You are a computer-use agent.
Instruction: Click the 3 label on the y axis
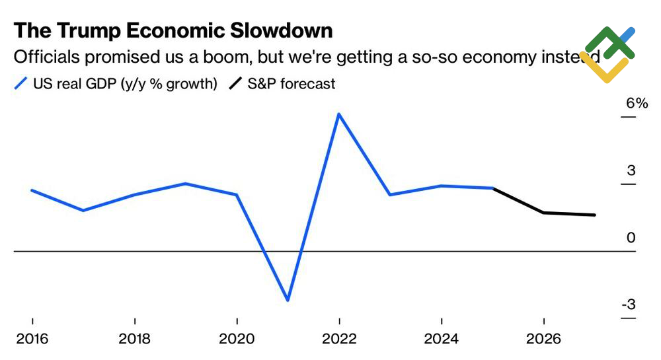coord(631,171)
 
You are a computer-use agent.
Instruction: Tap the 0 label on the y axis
coord(631,238)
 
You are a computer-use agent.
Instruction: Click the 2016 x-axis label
coord(32,340)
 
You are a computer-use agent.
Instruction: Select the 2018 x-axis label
coord(135,340)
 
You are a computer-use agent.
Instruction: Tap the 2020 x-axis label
coord(237,340)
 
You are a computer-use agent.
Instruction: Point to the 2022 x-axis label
coord(340,340)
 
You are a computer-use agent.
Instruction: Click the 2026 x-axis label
coord(544,340)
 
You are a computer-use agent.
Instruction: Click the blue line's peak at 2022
coord(339,114)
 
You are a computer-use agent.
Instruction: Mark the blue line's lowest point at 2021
coord(288,301)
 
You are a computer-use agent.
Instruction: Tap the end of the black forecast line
coord(595,215)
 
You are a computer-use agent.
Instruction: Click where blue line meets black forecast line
coord(493,188)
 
